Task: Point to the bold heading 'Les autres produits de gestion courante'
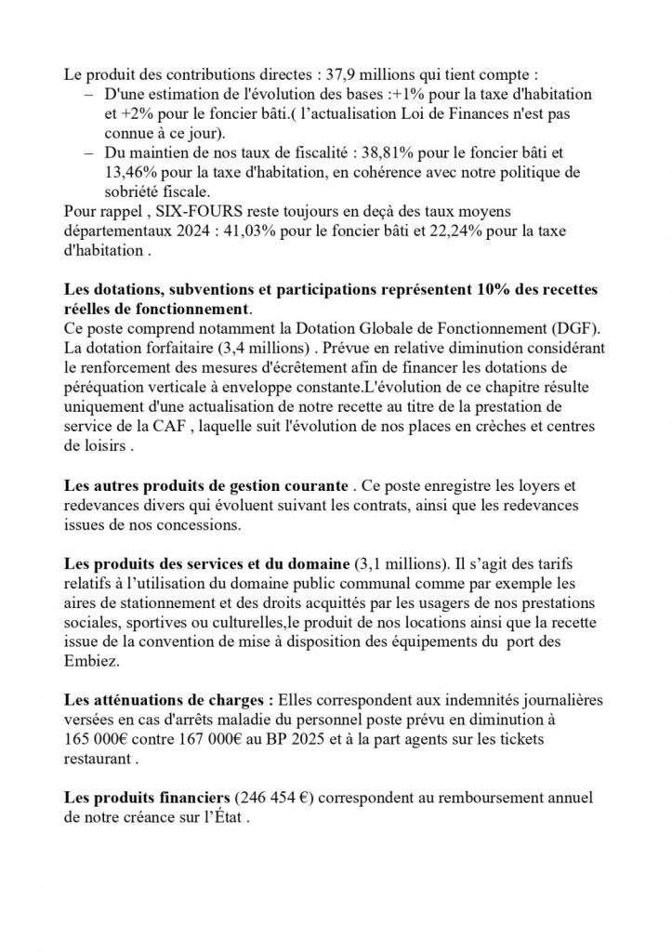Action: click(205, 484)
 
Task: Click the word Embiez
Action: click(90, 661)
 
